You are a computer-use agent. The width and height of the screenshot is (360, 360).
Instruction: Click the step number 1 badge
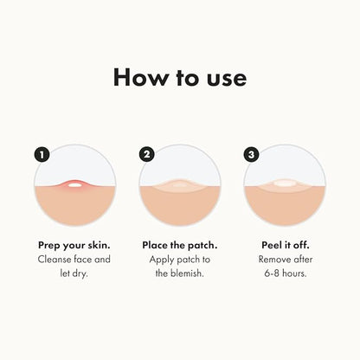coord(40,155)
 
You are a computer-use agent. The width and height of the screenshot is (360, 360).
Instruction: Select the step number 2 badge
coord(146,155)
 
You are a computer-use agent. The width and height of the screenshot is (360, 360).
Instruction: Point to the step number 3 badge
coord(252,155)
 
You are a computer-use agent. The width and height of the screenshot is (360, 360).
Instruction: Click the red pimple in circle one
coord(74,184)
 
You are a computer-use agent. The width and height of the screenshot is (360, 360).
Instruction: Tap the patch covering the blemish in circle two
coord(179,185)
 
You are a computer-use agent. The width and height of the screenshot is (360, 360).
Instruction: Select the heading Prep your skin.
coord(73,245)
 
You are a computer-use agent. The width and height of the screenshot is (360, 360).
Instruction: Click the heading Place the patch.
coord(179,245)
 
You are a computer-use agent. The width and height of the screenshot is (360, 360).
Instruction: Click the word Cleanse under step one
coord(55,260)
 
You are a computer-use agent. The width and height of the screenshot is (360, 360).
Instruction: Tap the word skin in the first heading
coord(95,245)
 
